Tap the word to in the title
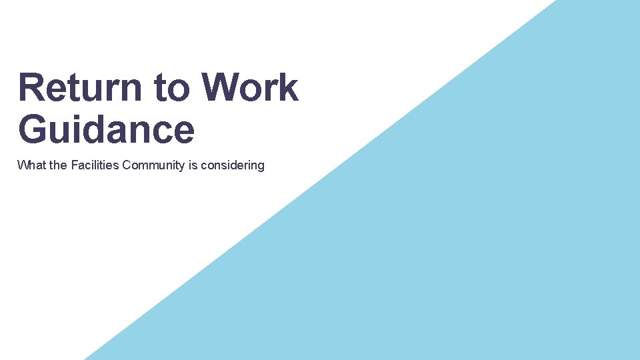coord(171,87)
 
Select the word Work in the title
coord(249,87)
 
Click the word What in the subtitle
coord(32,165)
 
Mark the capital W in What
coord(23,165)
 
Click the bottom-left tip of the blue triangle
coord(85,359)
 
